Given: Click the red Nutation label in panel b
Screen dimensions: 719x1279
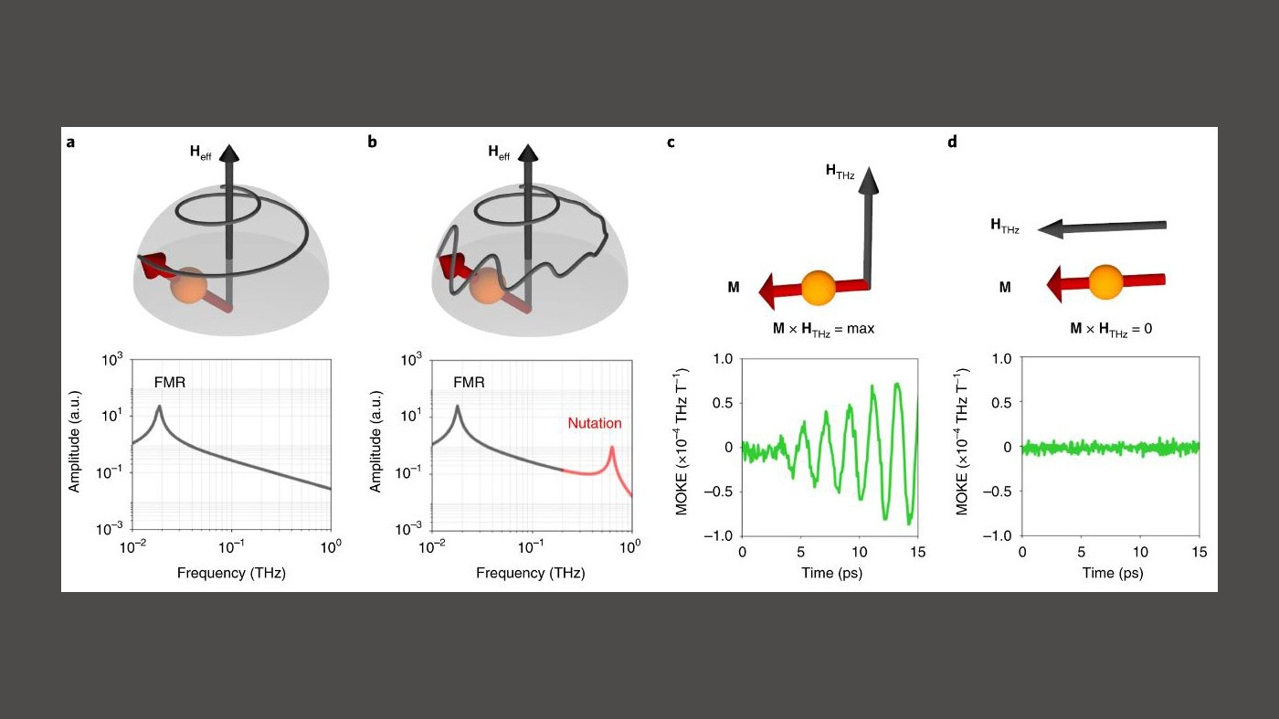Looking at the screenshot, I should point(594,423).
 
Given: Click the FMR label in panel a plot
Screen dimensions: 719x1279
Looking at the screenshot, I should point(169,384).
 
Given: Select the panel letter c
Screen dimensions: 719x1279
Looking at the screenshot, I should point(671,143).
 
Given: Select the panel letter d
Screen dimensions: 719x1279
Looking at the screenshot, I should point(952,143).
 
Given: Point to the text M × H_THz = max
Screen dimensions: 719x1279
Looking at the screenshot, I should point(823,328).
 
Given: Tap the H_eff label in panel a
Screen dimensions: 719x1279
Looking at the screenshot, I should point(200,153).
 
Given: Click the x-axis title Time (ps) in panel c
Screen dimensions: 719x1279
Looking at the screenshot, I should point(830,573).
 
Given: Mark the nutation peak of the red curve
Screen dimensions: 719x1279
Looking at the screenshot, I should point(611,448).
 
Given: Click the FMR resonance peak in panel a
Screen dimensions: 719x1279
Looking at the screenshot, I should point(161,407).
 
